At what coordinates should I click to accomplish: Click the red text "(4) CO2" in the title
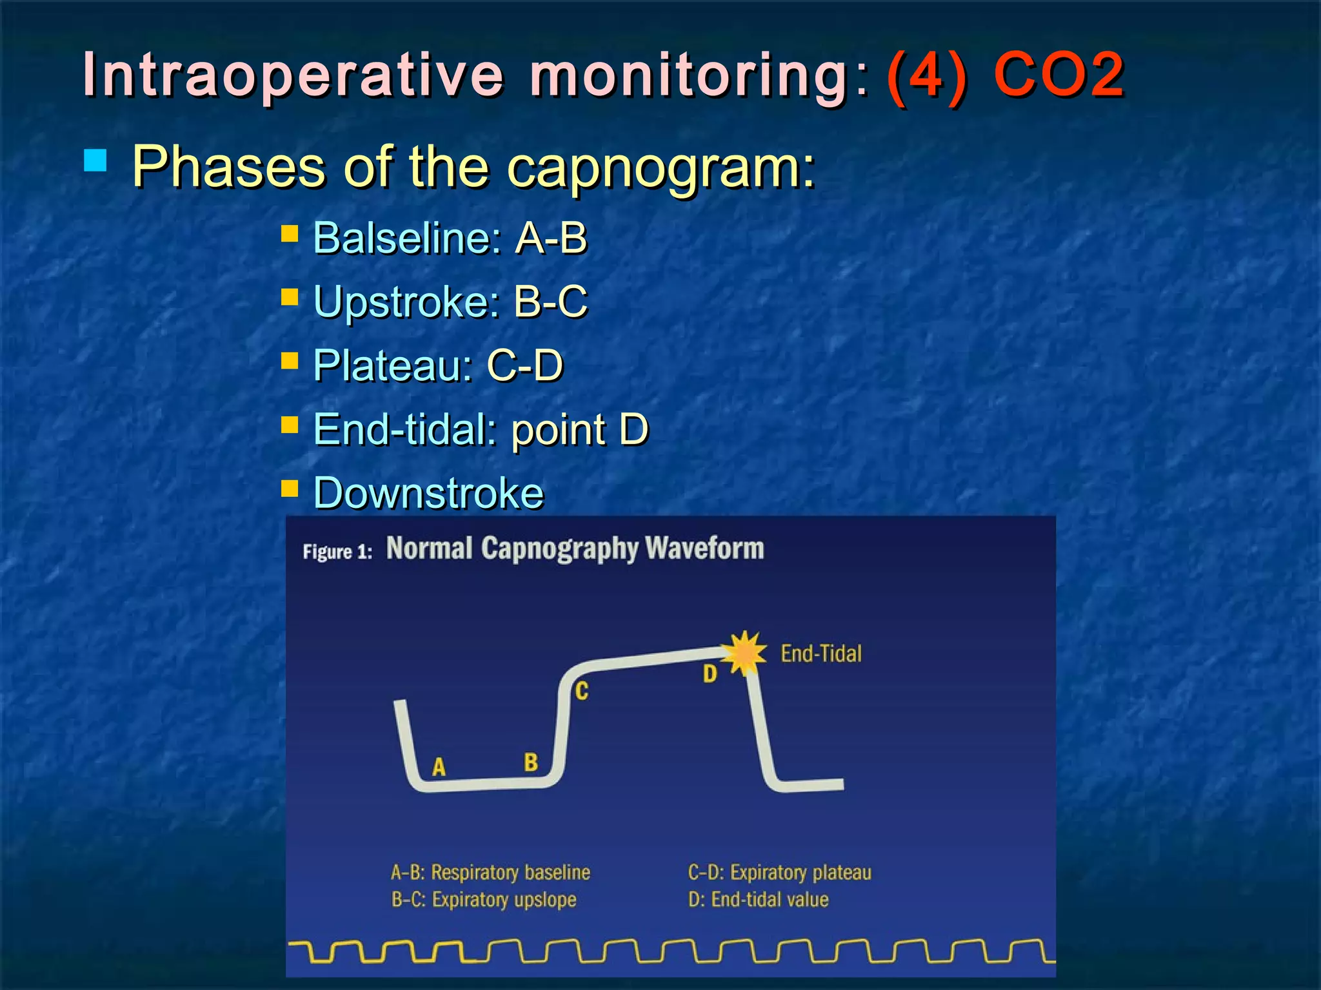point(1005,75)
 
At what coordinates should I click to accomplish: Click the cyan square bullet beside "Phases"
point(95,160)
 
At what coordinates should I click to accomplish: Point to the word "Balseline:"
point(407,238)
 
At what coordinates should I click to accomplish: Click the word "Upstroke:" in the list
point(406,302)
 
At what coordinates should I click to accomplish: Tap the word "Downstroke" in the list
point(428,493)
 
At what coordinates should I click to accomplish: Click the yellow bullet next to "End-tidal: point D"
point(290,425)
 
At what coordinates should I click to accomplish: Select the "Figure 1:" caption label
point(337,552)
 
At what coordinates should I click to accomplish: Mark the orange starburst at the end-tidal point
point(744,653)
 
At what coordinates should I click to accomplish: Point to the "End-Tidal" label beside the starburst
point(821,654)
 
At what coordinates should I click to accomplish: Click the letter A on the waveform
point(439,767)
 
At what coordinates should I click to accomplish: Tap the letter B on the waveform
point(531,762)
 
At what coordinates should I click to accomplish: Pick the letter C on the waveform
point(582,692)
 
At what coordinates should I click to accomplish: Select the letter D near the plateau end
point(710,674)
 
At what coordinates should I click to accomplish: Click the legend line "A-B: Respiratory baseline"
point(490,873)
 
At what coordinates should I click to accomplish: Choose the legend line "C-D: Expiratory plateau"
point(779,873)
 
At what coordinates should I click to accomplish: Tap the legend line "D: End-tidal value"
point(758,900)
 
